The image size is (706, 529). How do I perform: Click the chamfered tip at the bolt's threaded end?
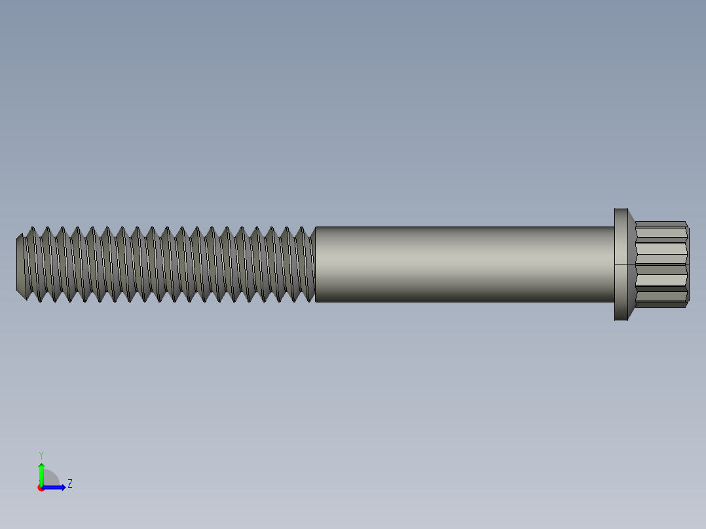click(x=20, y=264)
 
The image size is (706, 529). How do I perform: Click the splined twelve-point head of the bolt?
click(x=661, y=264)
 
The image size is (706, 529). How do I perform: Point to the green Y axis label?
click(x=41, y=454)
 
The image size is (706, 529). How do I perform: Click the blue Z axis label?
click(x=69, y=484)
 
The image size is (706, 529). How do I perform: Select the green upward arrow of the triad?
click(x=41, y=473)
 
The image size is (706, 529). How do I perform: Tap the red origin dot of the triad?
click(x=41, y=488)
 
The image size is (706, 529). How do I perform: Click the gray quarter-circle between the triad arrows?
click(x=50, y=479)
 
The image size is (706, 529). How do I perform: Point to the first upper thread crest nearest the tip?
click(x=33, y=228)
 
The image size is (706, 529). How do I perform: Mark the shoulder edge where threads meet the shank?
click(x=316, y=264)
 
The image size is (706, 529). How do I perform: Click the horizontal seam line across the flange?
click(x=621, y=264)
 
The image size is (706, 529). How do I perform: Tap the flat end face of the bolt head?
click(x=688, y=264)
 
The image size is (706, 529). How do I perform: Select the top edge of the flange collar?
click(x=621, y=209)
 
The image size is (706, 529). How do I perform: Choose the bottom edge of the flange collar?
click(x=621, y=319)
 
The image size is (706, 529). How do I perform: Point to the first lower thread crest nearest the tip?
click(x=26, y=300)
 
